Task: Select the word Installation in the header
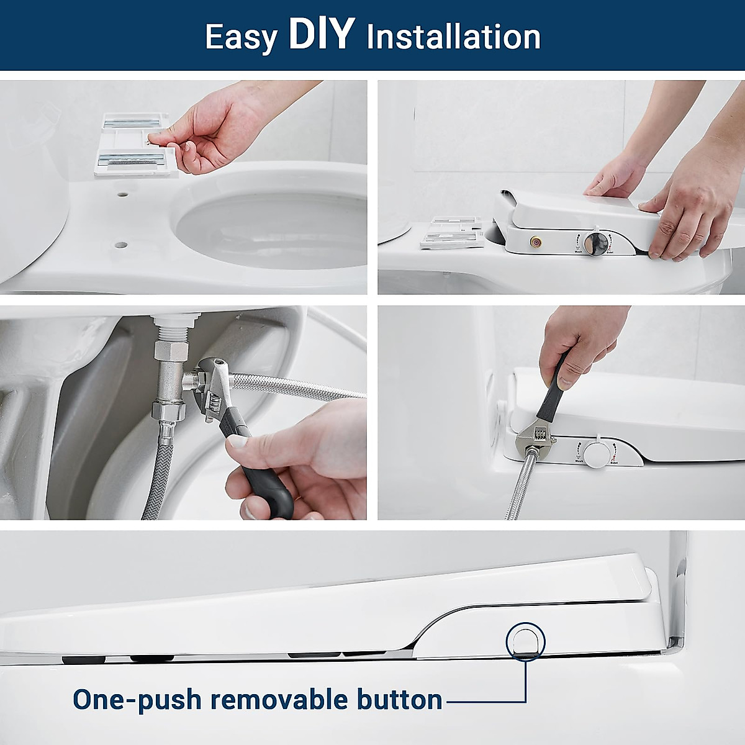pyautogui.click(x=453, y=37)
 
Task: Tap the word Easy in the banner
pyautogui.click(x=241, y=37)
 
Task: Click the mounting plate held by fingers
pyautogui.click(x=132, y=147)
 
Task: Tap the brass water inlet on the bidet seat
pyautogui.click(x=533, y=240)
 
